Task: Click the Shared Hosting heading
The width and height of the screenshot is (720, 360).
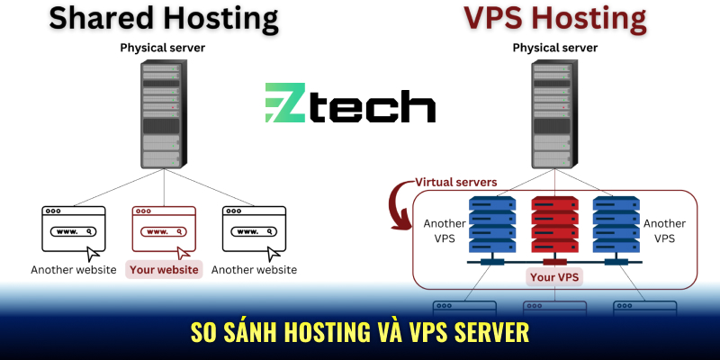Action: [x=163, y=18]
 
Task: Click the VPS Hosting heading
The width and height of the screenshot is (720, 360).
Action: [x=555, y=18]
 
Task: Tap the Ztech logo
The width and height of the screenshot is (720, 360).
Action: [x=350, y=103]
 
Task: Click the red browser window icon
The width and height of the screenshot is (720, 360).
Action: [x=163, y=228]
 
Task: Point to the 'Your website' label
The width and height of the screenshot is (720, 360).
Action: [x=163, y=269]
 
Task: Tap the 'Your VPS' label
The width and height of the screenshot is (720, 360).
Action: [x=554, y=277]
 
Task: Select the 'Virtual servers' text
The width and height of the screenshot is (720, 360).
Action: [x=454, y=182]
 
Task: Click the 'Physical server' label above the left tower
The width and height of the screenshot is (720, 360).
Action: [x=163, y=47]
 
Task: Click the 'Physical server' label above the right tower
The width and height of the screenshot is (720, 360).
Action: [x=554, y=47]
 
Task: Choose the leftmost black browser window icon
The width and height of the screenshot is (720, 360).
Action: [x=73, y=228]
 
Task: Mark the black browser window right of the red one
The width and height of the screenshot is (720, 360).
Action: [x=254, y=228]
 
